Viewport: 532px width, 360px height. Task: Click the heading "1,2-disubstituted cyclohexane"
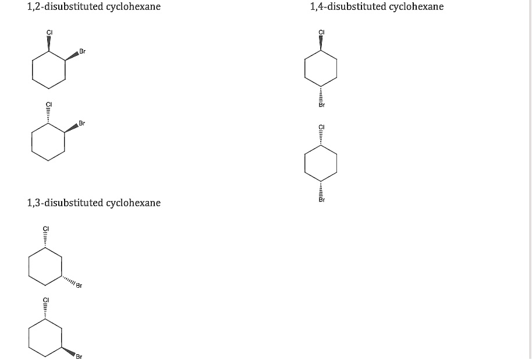(94, 7)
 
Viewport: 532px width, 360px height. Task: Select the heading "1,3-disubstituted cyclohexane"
(94, 203)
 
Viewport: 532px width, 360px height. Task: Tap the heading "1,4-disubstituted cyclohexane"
(377, 7)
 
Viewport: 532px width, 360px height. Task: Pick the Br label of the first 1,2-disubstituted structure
(82, 52)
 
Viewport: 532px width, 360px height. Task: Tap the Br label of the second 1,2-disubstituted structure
(82, 123)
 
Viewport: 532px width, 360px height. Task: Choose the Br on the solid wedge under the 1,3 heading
(79, 356)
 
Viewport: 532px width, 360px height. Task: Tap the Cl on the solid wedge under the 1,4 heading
(321, 31)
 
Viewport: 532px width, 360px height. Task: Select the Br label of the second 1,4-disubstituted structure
(321, 200)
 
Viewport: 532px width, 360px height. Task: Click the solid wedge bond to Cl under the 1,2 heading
(48, 44)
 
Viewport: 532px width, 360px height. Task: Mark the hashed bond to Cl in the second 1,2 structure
(48, 116)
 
